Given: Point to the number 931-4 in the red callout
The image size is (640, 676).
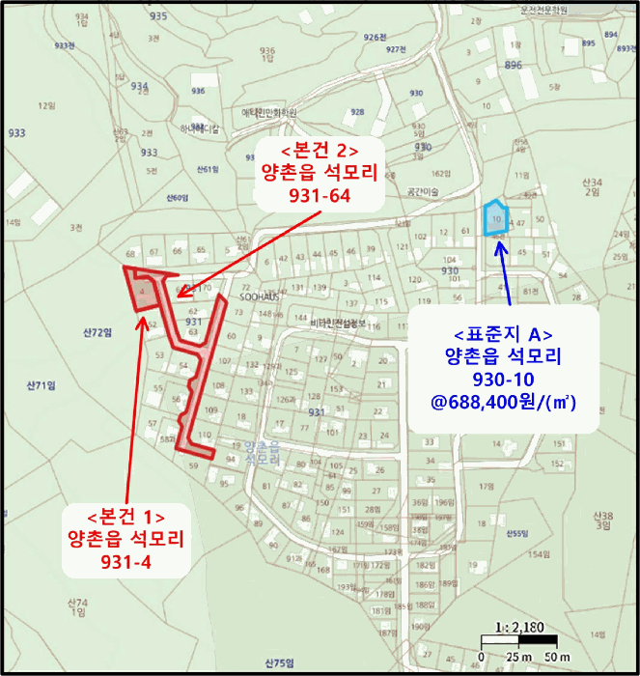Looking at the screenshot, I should [125, 560].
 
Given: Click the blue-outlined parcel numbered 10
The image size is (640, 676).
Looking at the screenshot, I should [495, 219].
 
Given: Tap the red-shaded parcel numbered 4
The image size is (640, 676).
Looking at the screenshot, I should [142, 290].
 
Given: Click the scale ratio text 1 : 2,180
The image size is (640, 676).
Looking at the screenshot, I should [518, 627].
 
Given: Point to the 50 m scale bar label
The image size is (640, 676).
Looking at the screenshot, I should [557, 658].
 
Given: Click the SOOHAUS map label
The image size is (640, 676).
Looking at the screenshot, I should [260, 297].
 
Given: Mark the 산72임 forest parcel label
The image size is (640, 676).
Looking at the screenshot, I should [97, 332].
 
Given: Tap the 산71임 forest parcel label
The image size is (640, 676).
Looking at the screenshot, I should [40, 384].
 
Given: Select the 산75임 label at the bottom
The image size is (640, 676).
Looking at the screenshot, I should [278, 663].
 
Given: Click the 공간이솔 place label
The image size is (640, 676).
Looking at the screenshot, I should [423, 192].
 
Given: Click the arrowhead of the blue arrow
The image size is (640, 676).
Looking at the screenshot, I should [500, 242].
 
